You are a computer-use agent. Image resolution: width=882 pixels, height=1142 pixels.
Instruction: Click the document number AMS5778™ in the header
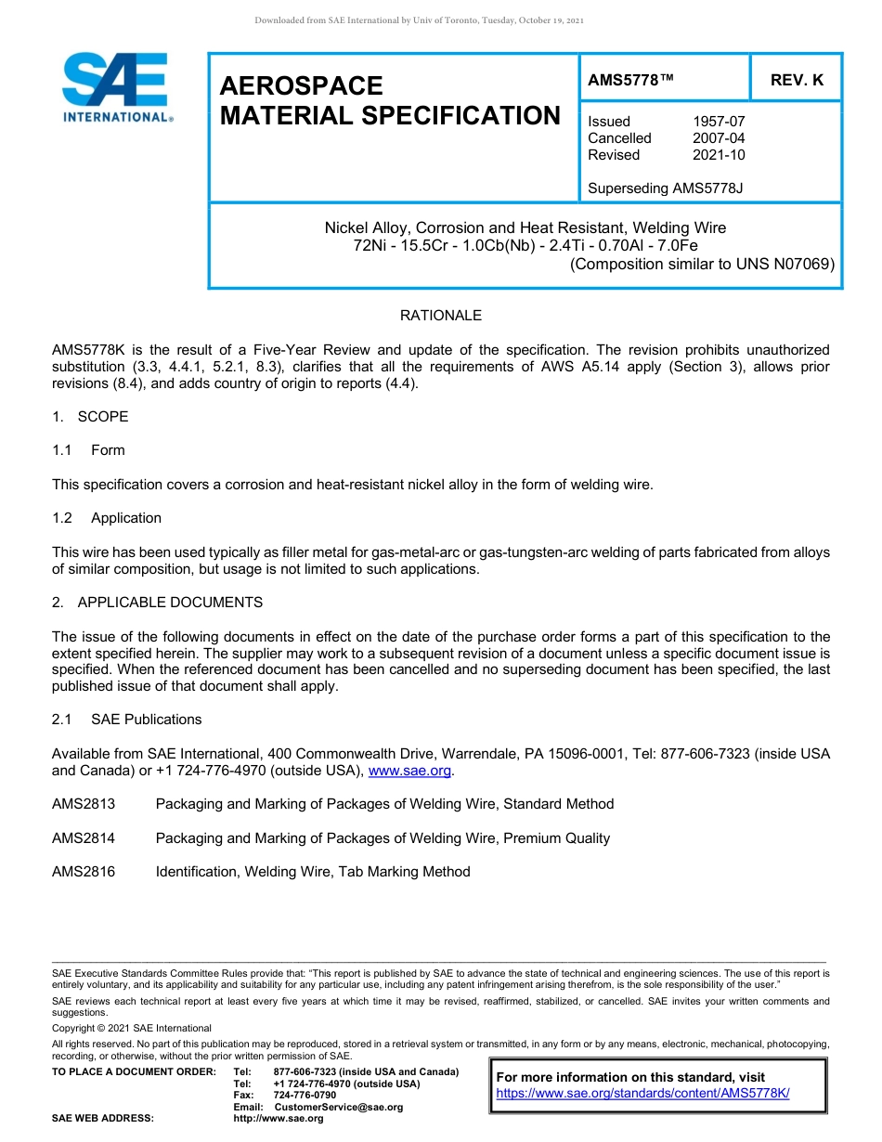[630, 81]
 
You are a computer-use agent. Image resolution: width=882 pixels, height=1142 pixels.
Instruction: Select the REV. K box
[796, 81]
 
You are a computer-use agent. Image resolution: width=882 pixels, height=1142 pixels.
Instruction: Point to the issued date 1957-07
[719, 122]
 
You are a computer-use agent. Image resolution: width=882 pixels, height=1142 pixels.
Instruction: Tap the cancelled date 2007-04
[719, 138]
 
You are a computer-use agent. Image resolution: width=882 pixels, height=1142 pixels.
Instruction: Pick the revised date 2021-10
[719, 155]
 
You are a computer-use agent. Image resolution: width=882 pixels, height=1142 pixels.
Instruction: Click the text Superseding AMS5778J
[665, 188]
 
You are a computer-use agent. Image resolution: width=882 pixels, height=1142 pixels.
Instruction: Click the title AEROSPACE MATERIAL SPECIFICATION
[390, 101]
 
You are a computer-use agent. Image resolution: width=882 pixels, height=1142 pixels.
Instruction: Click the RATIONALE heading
[441, 316]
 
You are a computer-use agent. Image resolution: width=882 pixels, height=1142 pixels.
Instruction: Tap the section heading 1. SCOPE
[90, 417]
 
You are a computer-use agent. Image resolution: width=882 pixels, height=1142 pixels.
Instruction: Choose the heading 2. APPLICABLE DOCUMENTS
[157, 603]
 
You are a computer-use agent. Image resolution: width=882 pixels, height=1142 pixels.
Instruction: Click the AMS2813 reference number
[84, 804]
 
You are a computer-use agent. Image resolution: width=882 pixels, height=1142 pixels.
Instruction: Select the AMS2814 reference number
[84, 838]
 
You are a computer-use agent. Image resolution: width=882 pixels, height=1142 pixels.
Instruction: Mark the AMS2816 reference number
[84, 872]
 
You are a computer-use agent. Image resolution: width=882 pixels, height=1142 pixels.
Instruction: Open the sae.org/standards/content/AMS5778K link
[642, 1094]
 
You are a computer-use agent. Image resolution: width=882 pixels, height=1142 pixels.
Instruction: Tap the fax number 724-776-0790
[305, 1096]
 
